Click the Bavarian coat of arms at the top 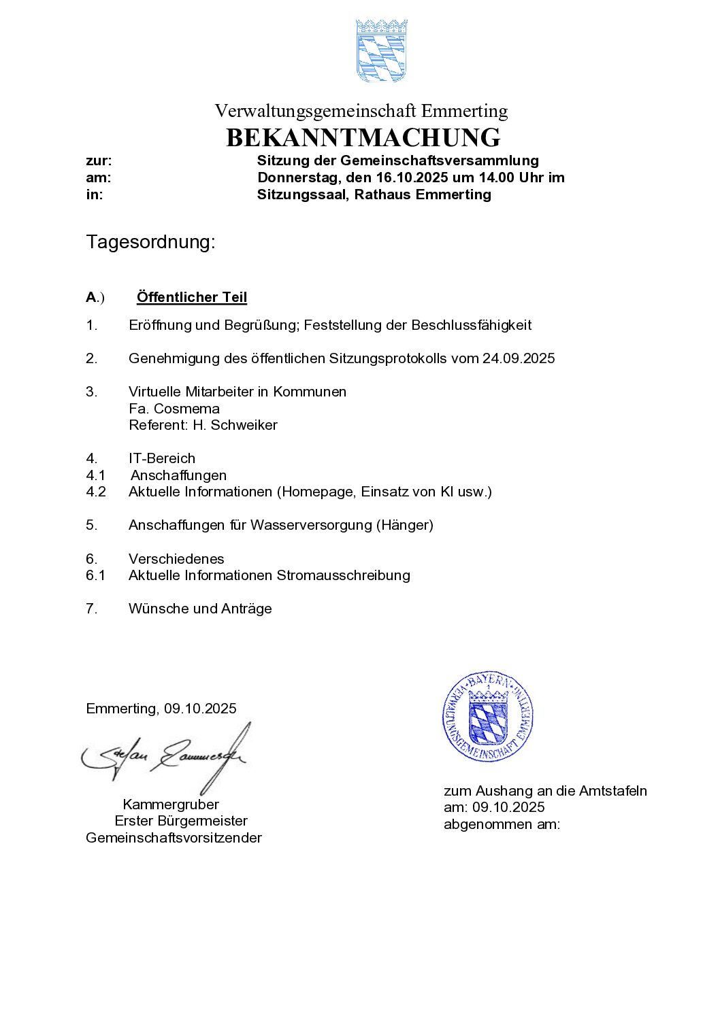click(x=381, y=50)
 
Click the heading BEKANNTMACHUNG click(x=363, y=138)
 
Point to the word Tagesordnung click(x=150, y=242)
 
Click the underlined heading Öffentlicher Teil click(x=191, y=297)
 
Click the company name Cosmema click(x=186, y=409)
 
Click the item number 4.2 click(x=96, y=492)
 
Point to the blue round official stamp click(x=488, y=716)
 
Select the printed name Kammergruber click(x=171, y=804)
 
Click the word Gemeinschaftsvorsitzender click(x=174, y=838)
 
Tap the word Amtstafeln click(x=612, y=791)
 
